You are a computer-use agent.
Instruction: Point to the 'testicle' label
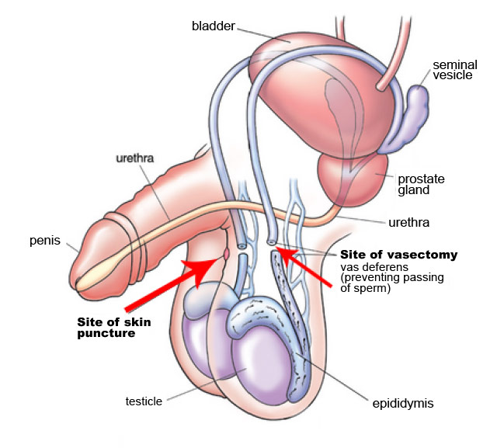[144, 401]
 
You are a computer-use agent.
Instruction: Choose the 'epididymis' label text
[401, 403]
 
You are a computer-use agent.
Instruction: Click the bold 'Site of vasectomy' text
[398, 255]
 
